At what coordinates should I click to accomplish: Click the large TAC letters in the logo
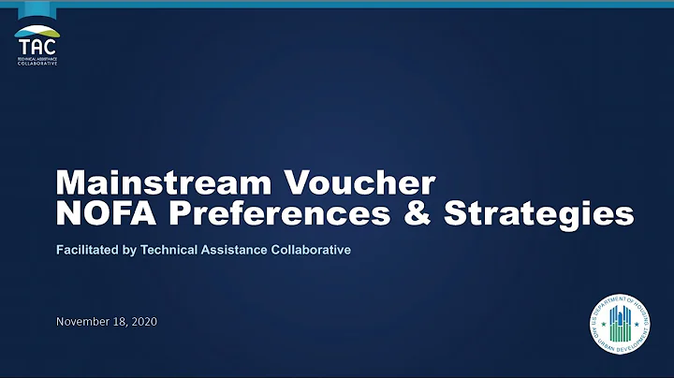(x=37, y=45)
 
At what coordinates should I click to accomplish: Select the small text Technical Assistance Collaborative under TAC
(x=37, y=60)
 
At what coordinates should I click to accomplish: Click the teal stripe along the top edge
(x=337, y=3)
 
